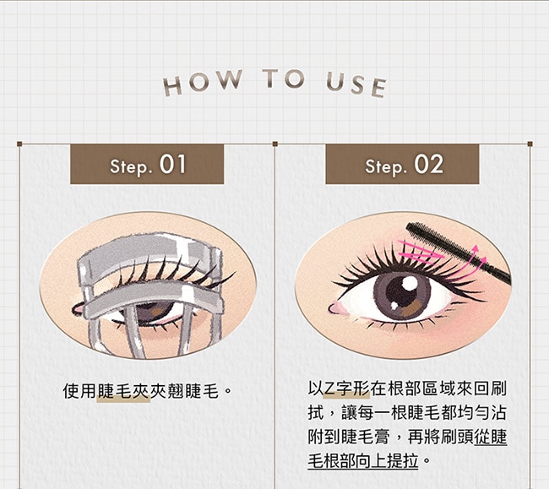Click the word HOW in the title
tap(203, 83)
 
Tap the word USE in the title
tap(356, 84)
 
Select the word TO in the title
tap(284, 78)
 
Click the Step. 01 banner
tap(147, 164)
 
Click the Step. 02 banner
tap(402, 164)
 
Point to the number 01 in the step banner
tap(172, 164)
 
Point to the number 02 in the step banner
tap(429, 164)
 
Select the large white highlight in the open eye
tap(410, 283)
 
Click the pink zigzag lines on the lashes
tap(420, 251)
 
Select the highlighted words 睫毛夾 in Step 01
tap(124, 391)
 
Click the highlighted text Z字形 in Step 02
tap(346, 388)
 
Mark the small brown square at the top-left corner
tap(19, 144)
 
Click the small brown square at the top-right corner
tap(530, 144)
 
